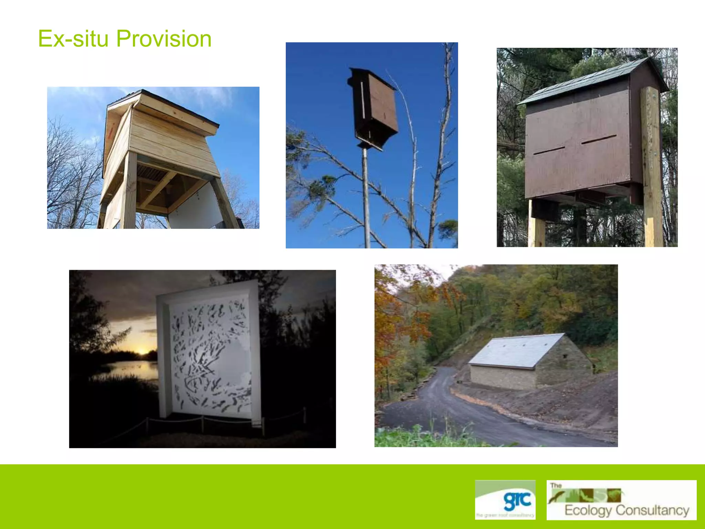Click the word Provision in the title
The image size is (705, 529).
[164, 39]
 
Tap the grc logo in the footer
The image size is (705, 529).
[505, 500]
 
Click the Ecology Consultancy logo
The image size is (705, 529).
[621, 500]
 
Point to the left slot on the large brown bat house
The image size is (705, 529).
[549, 151]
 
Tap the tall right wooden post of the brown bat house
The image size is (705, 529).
[652, 165]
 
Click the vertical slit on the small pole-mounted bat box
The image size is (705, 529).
[362, 100]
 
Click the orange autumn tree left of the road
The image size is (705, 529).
[396, 327]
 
